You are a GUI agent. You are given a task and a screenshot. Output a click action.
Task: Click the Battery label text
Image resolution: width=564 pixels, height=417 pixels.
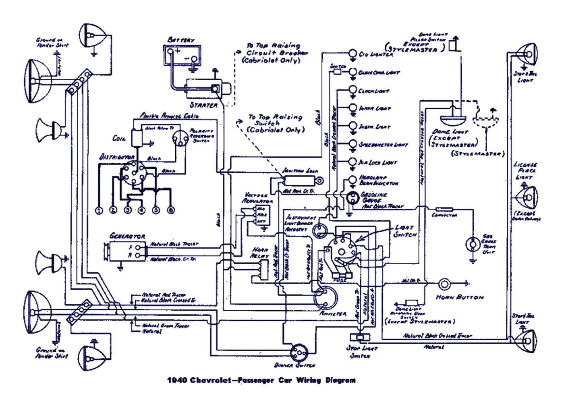(180, 40)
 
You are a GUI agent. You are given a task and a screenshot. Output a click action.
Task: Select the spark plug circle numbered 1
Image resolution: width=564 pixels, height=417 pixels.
(99, 210)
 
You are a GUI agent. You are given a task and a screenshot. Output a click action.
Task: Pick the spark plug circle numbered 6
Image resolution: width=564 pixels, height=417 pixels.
(171, 210)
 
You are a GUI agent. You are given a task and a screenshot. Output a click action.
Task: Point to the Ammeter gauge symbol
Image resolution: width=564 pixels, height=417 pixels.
(326, 298)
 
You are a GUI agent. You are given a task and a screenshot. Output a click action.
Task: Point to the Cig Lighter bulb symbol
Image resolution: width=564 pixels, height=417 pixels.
(352, 54)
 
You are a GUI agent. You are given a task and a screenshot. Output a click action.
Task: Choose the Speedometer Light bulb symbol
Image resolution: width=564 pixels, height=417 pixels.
(352, 144)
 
